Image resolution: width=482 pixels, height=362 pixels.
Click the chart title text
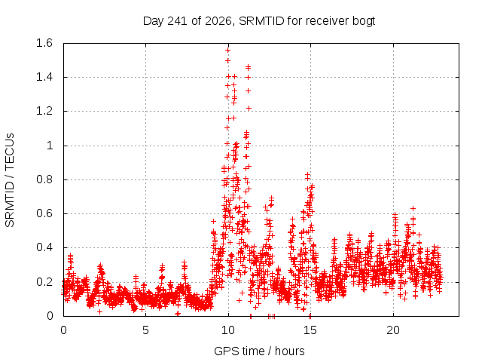[259, 21]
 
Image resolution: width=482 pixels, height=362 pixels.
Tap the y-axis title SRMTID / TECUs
[10, 180]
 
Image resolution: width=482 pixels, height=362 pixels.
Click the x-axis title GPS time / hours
[259, 351]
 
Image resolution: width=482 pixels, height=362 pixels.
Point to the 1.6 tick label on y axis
[44, 43]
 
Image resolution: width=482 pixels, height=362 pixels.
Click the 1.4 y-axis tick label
[44, 77]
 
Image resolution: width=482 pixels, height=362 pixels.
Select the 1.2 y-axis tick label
[44, 111]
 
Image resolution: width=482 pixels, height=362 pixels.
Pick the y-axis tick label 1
[50, 146]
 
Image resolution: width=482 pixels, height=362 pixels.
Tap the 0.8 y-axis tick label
[44, 179]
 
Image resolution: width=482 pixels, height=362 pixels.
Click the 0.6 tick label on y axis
[44, 213]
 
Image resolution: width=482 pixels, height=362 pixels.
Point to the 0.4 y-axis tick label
[44, 247]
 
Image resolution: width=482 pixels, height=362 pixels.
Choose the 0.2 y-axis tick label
[44, 281]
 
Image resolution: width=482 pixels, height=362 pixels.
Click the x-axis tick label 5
[145, 330]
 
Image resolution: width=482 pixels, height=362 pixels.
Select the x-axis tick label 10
[228, 330]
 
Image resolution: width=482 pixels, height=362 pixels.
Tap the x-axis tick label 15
[310, 330]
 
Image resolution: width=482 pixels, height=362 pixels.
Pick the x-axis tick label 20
[393, 330]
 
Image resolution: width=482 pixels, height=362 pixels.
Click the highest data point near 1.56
[227, 51]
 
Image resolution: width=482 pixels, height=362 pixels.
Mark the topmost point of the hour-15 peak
[307, 175]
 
